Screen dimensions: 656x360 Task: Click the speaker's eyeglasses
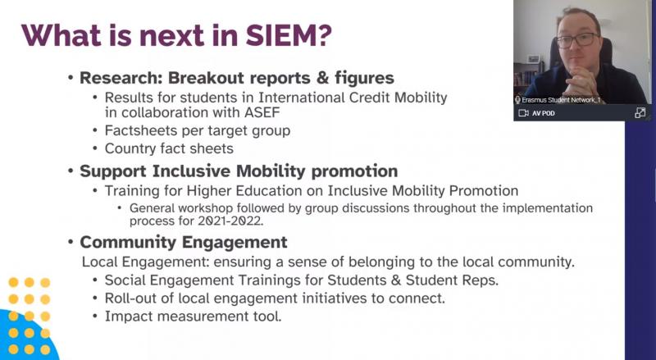pos(577,40)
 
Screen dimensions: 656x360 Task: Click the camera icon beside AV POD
pos(523,113)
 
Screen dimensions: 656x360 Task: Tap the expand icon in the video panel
pos(640,112)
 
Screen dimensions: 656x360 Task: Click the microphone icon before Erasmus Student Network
pos(517,100)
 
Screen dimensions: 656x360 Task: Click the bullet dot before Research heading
pos(71,78)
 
